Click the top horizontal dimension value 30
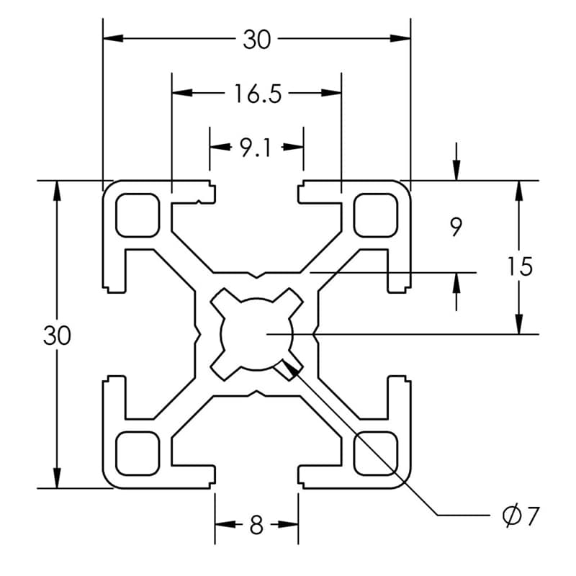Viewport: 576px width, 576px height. point(256,39)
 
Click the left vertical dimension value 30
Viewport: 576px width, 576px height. point(57,335)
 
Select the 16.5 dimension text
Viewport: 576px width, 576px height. point(256,93)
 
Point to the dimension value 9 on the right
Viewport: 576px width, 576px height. point(455,228)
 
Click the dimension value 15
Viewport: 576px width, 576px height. point(518,266)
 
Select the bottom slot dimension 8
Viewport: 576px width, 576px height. point(256,526)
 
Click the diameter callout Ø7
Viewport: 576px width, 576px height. point(520,516)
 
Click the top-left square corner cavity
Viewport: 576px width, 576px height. point(137,215)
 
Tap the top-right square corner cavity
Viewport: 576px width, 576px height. point(376,215)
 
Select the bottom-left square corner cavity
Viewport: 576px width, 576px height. point(137,454)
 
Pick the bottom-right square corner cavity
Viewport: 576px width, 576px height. point(376,454)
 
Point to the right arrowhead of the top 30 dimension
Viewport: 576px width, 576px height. point(401,38)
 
